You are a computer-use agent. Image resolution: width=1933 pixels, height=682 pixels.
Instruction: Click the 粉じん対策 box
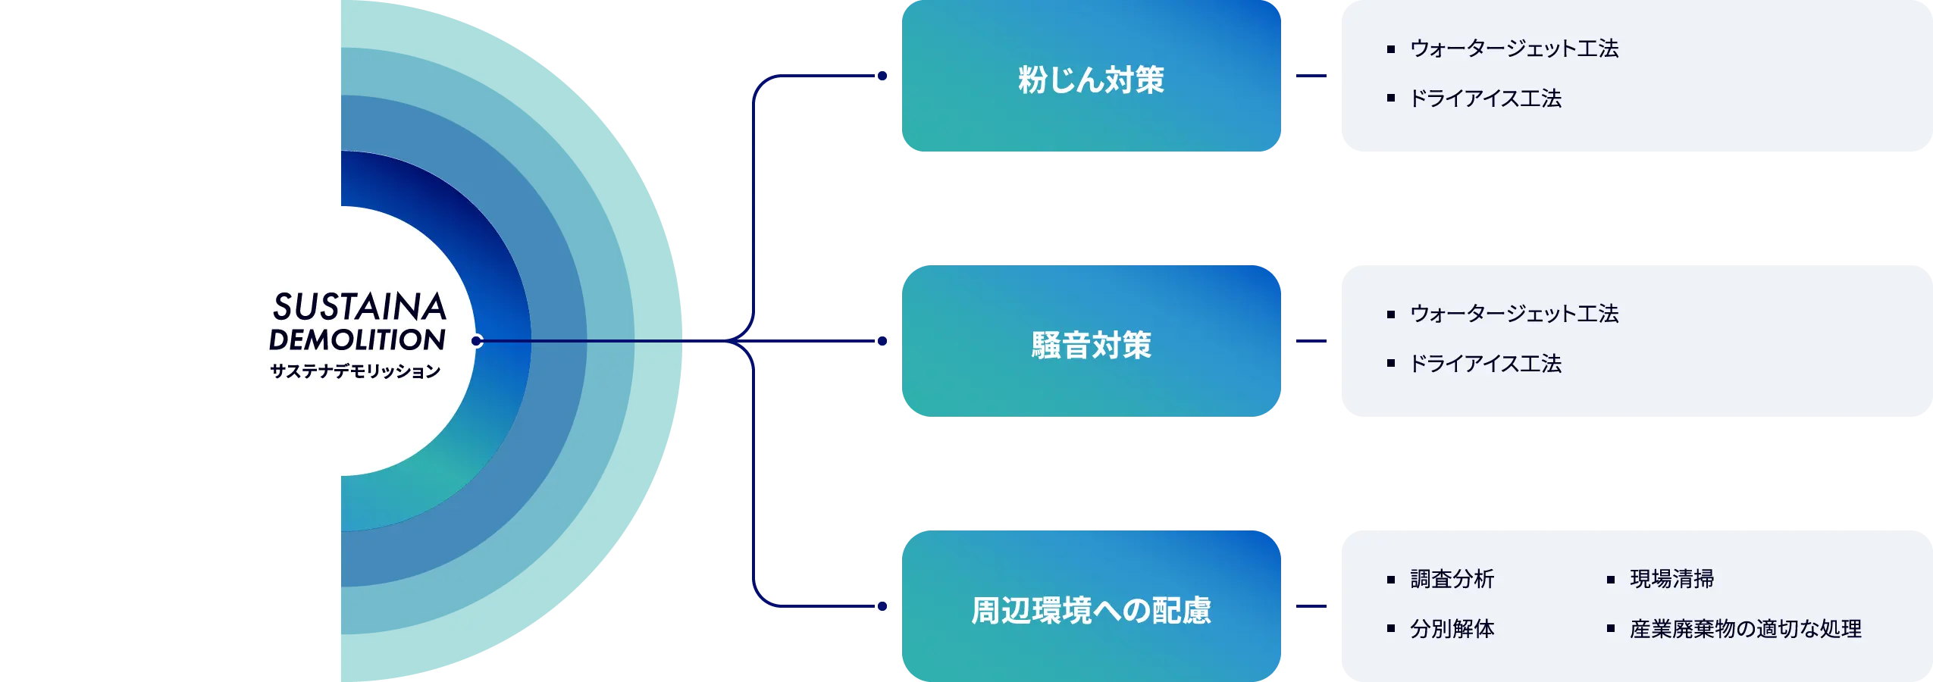pos(1090,78)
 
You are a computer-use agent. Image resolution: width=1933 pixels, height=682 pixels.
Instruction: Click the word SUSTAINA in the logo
pos(359,307)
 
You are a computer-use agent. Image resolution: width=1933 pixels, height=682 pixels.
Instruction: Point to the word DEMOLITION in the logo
pos(357,339)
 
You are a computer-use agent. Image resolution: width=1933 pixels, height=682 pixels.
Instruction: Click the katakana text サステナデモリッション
pos(356,371)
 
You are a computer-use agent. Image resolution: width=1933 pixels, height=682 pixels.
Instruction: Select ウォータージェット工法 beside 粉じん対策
pos(1514,48)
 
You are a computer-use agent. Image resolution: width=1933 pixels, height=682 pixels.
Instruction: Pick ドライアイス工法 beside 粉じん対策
pos(1485,99)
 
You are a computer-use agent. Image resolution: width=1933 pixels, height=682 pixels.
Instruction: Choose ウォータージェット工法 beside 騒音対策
pos(1514,314)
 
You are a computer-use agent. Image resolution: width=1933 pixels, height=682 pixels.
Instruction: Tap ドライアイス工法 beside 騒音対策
pos(1485,364)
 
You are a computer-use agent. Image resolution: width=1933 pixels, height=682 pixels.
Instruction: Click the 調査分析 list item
pos(1452,579)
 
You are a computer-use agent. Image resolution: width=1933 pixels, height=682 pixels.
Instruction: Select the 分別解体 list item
pos(1452,629)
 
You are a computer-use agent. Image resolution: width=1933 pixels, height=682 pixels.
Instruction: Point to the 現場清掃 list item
pos(1671,579)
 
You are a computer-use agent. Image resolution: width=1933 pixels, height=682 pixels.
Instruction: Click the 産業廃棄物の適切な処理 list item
pos(1745,629)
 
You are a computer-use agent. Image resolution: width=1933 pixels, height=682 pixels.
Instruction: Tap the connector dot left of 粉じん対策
pos(882,76)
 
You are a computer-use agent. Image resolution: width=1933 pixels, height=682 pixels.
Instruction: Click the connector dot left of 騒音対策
pos(882,341)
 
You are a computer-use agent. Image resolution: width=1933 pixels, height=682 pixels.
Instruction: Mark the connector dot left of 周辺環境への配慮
pos(882,606)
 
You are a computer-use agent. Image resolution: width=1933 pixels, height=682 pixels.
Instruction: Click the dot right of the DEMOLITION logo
pos(477,341)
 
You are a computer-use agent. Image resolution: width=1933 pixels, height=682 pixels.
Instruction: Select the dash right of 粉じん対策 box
pos(1309,76)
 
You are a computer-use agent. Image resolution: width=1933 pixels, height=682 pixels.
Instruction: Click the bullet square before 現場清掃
pos(1611,580)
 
